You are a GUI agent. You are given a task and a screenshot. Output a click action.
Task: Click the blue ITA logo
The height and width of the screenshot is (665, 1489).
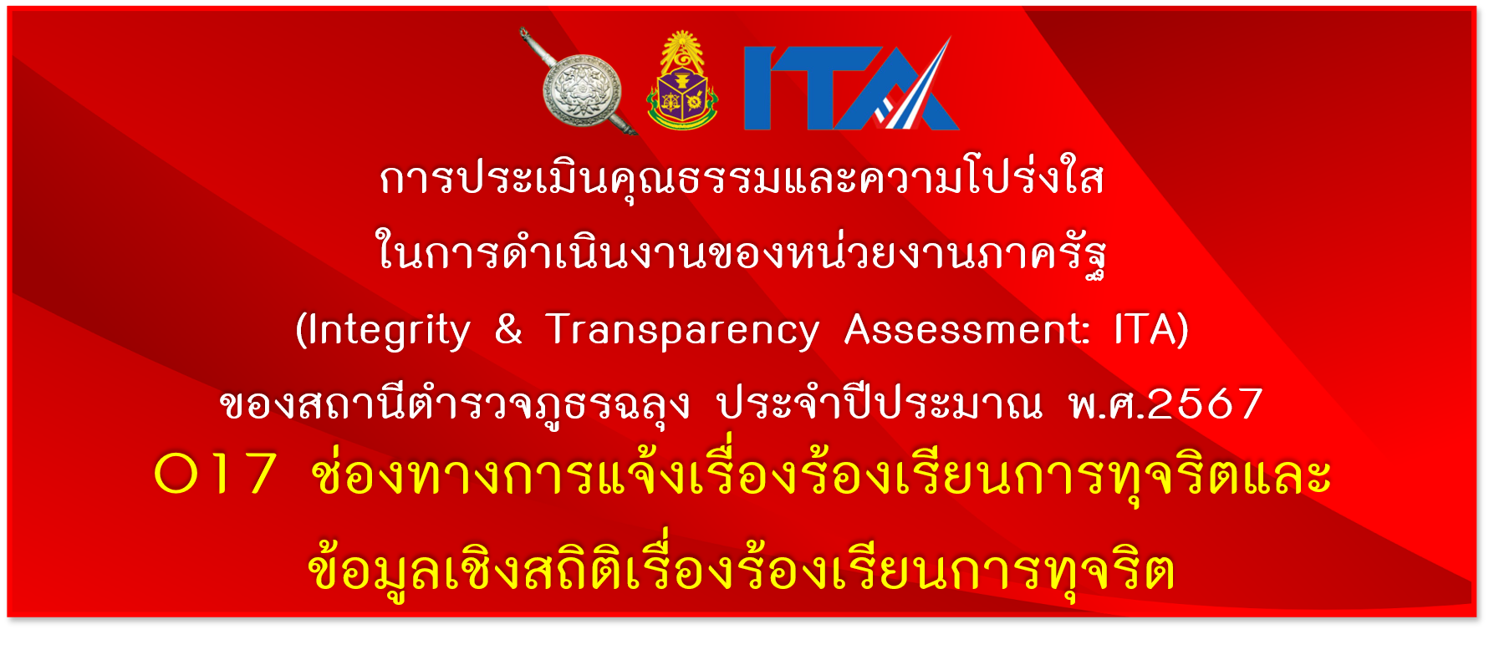pyautogui.click(x=851, y=84)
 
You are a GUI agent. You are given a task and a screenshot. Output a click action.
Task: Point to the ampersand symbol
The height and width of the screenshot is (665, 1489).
pyautogui.click(x=508, y=328)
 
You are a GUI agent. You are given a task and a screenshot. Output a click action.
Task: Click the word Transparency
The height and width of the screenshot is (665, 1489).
pyautogui.click(x=682, y=332)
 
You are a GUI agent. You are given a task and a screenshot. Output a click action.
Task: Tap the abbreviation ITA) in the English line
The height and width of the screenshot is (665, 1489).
pyautogui.click(x=1151, y=329)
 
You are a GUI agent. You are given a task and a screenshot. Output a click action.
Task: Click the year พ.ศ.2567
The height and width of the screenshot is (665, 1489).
pyautogui.click(x=1165, y=404)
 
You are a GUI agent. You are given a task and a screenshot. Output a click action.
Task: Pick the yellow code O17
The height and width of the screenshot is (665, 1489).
pyautogui.click(x=215, y=474)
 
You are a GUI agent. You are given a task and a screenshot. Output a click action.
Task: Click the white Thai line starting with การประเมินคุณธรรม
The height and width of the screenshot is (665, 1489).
pyautogui.click(x=742, y=179)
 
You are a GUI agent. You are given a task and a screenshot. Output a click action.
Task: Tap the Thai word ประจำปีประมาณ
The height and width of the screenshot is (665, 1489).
pyautogui.click(x=880, y=403)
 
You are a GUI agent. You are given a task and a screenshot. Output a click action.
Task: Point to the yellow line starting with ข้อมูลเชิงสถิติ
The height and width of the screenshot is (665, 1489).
pyautogui.click(x=742, y=567)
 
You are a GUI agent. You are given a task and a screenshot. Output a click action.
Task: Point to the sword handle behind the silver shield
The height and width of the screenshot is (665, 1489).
pyautogui.click(x=533, y=46)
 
